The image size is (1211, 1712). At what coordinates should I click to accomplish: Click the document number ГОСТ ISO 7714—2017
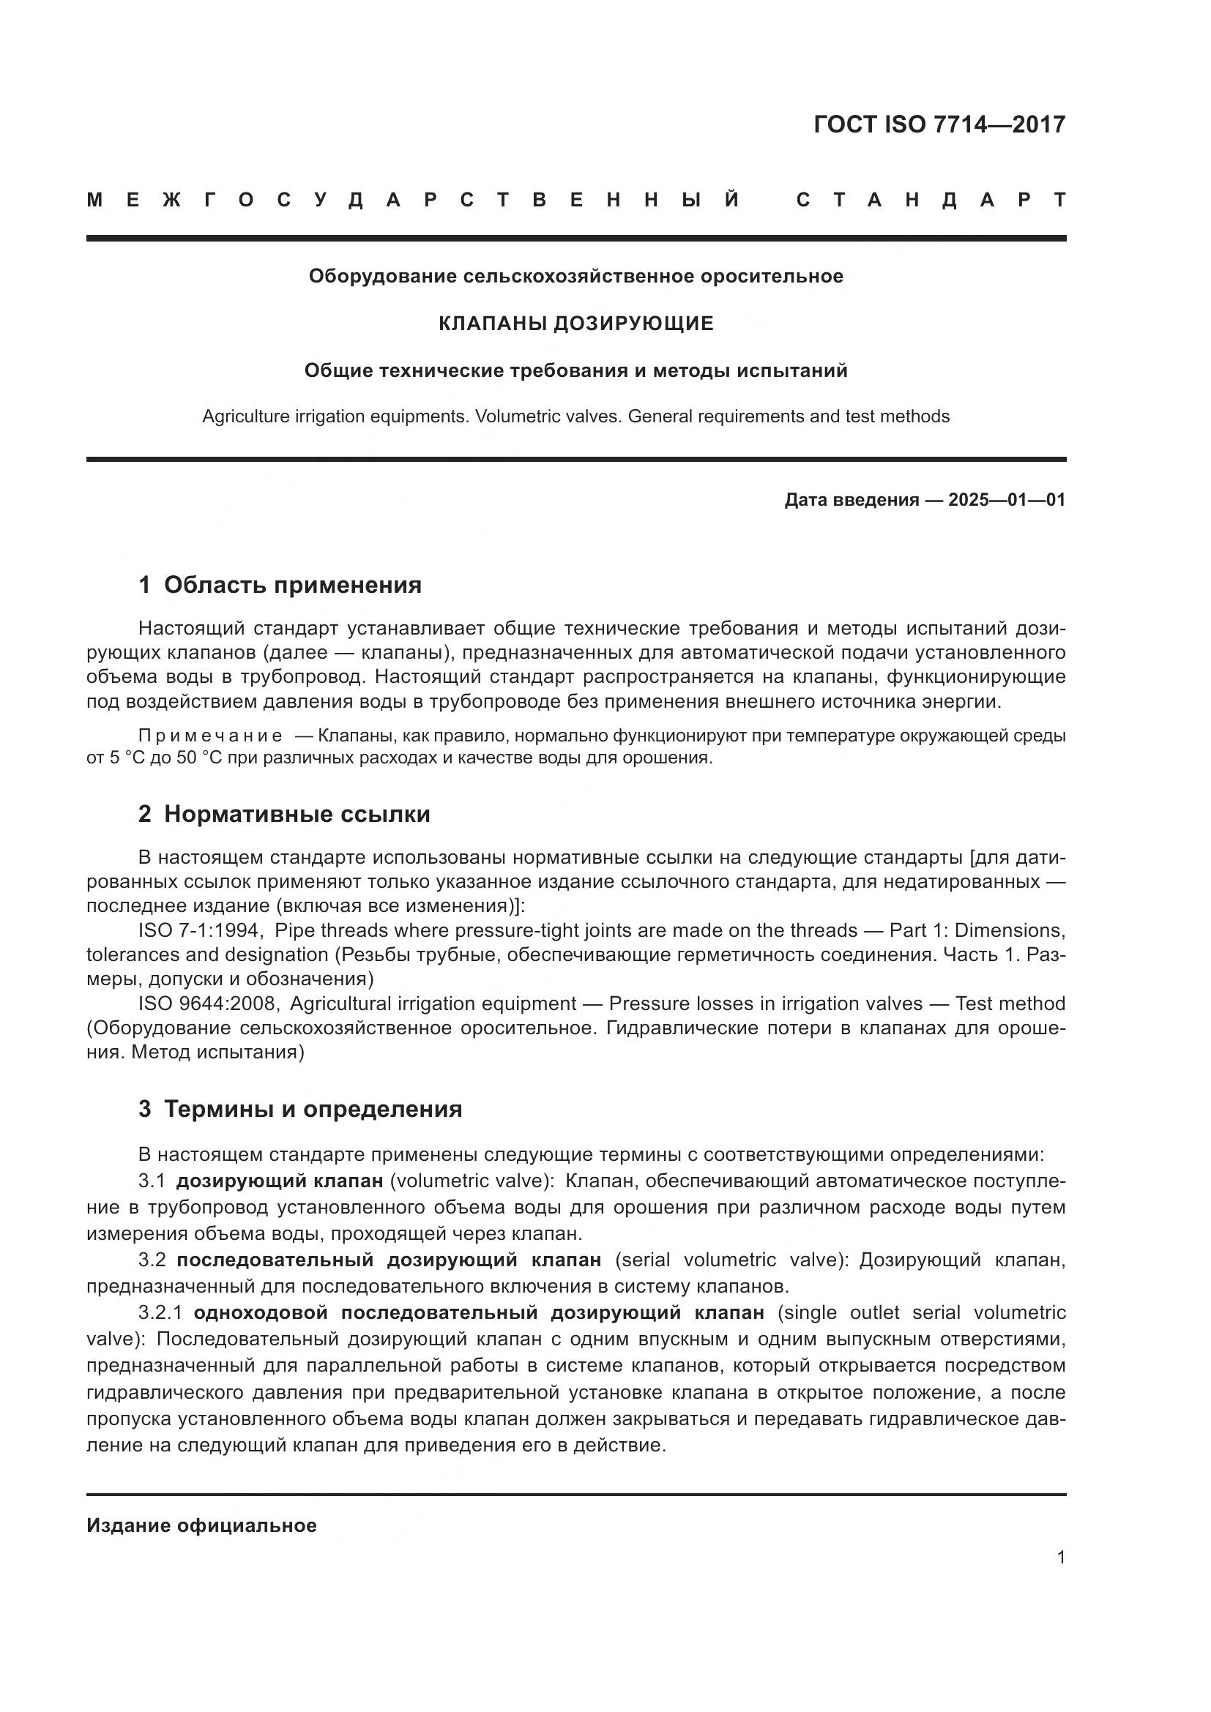point(939,124)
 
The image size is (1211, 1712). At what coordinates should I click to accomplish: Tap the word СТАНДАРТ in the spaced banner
point(931,201)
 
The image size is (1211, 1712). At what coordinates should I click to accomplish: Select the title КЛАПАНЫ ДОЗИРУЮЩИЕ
point(575,324)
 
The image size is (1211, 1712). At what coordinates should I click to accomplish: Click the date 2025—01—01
point(1007,500)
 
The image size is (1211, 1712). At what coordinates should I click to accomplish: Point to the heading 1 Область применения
point(280,586)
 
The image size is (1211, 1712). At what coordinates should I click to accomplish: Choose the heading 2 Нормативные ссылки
point(284,814)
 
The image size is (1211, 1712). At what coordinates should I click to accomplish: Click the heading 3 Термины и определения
point(299,1109)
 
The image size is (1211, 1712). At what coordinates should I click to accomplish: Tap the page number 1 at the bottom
point(1060,1558)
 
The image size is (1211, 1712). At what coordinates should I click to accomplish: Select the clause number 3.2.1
point(160,1312)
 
